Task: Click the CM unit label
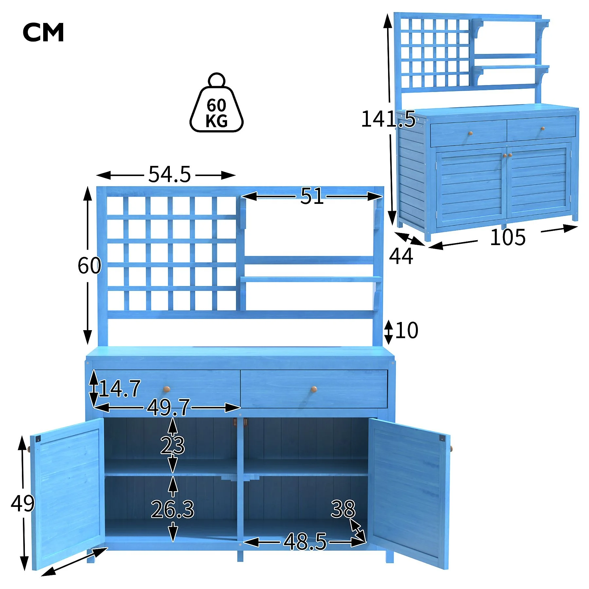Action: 43,32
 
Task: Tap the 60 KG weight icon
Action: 216,103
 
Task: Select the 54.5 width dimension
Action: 169,174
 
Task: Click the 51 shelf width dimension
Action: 312,196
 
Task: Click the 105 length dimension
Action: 508,237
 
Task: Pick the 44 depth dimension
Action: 401,256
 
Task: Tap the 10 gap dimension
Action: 407,330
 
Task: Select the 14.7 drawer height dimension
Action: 120,389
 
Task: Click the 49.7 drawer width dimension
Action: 168,407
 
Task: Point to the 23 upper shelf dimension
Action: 172,445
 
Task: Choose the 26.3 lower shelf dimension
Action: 172,509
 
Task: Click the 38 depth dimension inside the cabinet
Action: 343,509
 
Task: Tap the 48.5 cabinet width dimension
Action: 305,542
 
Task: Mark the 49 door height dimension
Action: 23,503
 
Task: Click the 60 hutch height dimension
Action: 89,265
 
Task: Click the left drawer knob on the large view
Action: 167,389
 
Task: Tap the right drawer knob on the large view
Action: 314,389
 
